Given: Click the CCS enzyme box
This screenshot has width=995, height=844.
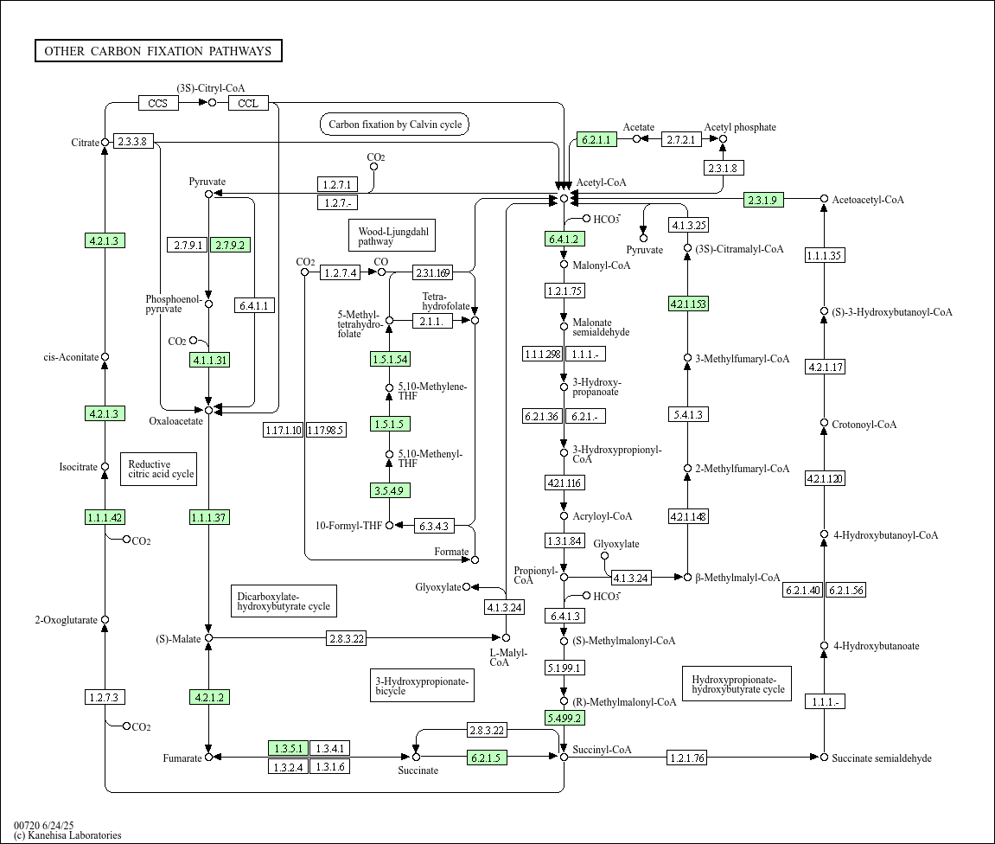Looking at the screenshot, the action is [158, 103].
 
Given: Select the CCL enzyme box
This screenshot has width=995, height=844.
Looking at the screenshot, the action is [248, 103].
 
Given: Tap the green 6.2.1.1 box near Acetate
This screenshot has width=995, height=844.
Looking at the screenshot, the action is [596, 139].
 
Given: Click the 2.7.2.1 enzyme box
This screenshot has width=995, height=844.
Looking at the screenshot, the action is [681, 139].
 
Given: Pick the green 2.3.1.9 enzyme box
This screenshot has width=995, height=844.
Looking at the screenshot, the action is [763, 200].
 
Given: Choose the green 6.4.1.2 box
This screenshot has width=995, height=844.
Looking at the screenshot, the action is [564, 240].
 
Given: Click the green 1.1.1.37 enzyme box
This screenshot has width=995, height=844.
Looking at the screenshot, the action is [209, 517].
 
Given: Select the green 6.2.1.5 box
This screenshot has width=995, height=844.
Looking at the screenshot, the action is [487, 757].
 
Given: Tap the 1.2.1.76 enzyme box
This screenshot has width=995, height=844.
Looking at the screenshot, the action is [687, 757].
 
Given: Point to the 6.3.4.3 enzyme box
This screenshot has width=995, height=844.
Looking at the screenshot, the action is [434, 526].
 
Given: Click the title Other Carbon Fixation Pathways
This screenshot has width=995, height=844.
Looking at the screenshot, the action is [158, 51].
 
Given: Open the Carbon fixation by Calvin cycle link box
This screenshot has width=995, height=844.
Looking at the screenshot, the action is [395, 125].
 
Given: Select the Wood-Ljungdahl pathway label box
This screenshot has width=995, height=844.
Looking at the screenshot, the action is [392, 235].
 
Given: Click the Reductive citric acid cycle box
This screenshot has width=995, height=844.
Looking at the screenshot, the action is [159, 469].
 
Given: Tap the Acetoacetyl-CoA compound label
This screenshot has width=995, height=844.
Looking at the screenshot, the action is [868, 200].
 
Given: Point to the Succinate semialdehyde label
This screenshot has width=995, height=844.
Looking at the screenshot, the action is [882, 758].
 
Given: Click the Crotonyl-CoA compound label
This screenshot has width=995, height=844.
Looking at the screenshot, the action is [864, 425].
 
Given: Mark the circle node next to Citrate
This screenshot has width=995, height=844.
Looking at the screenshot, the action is [105, 142].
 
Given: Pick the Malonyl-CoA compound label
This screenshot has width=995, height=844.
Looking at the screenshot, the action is [602, 265].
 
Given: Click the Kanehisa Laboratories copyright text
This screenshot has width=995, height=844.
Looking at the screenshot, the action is [68, 835].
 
